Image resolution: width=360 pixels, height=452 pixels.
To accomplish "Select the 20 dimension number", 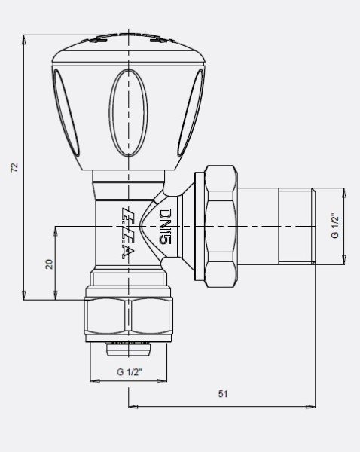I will (48, 265).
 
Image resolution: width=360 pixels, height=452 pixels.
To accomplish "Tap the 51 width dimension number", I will (224, 394).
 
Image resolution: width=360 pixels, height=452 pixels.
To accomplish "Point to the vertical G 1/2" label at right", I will (335, 225).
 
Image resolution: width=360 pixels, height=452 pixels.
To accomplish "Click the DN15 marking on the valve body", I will (167, 227).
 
